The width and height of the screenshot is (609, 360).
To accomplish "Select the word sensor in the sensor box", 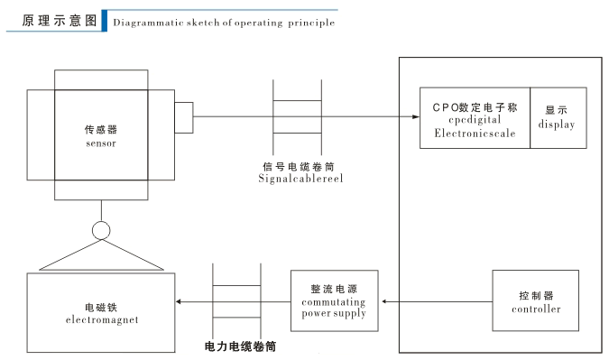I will (x=101, y=143).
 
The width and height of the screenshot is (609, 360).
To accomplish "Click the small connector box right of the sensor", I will (x=183, y=116).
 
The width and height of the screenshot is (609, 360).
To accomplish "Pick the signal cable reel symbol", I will (x=297, y=116).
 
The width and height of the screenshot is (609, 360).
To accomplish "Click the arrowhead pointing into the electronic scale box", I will (x=415, y=116).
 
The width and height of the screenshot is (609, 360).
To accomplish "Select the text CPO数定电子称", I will (x=475, y=106).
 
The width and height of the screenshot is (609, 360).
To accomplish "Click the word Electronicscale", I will (x=475, y=133).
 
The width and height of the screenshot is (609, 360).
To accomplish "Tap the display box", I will (x=558, y=118).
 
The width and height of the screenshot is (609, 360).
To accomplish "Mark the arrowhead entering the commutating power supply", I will (x=384, y=300).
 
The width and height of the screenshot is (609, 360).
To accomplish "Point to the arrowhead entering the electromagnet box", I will (x=180, y=300).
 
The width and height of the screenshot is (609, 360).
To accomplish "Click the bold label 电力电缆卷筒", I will (x=239, y=346).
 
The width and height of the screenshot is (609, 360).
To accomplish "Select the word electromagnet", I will (x=102, y=320).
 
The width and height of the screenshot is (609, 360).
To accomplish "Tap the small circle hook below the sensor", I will (x=101, y=230).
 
